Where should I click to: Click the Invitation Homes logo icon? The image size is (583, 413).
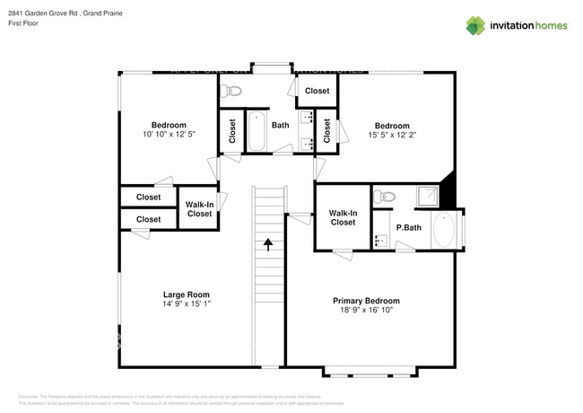click(x=475, y=25)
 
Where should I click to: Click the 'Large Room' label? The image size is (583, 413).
click(x=186, y=294)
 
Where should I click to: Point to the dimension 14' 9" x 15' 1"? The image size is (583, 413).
click(x=186, y=304)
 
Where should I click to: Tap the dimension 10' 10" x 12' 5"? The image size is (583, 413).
click(x=168, y=134)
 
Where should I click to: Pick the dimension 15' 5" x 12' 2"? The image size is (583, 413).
click(x=392, y=136)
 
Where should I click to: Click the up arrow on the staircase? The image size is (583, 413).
click(x=267, y=243)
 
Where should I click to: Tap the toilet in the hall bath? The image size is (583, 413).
click(x=233, y=90)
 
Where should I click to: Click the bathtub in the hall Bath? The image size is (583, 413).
click(x=256, y=131)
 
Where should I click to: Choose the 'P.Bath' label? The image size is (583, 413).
click(x=409, y=227)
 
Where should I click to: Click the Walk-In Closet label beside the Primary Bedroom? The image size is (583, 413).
click(x=343, y=217)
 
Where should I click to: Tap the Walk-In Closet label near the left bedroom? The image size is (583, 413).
click(x=199, y=209)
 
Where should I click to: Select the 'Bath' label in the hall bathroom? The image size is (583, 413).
click(x=281, y=126)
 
